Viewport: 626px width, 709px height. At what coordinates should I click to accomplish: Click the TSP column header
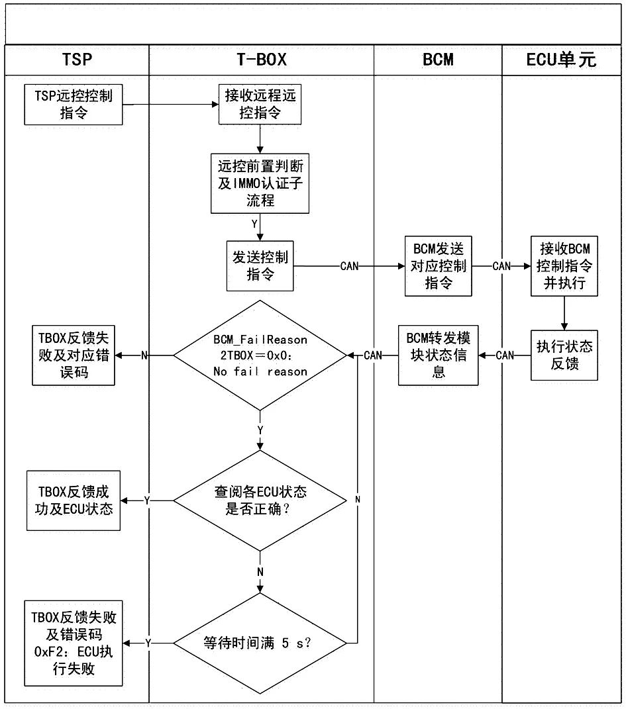click(x=76, y=60)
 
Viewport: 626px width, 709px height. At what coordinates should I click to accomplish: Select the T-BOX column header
click(x=261, y=60)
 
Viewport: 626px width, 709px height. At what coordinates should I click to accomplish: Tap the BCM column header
click(x=438, y=60)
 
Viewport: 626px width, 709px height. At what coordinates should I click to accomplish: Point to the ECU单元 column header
click(x=561, y=60)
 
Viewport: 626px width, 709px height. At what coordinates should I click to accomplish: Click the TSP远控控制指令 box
click(x=74, y=105)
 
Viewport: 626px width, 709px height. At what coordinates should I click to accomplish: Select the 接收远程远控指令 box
click(x=260, y=105)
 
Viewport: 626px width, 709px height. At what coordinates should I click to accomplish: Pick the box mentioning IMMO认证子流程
click(x=260, y=183)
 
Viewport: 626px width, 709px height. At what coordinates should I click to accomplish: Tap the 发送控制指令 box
click(x=260, y=265)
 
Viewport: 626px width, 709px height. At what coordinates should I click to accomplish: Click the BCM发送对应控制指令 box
click(x=438, y=266)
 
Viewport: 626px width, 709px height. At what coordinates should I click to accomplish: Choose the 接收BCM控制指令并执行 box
click(x=564, y=266)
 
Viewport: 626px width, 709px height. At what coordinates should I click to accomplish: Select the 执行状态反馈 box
click(x=564, y=355)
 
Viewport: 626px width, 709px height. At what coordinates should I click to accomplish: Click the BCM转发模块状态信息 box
click(x=438, y=355)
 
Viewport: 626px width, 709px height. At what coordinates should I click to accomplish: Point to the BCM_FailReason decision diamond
click(x=260, y=355)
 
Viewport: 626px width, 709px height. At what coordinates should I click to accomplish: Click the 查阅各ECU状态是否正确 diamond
click(x=260, y=500)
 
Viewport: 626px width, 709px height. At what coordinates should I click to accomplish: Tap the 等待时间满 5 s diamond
click(x=260, y=642)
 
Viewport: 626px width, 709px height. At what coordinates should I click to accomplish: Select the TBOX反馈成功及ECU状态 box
click(x=74, y=500)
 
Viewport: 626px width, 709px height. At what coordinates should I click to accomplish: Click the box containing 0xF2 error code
click(x=74, y=643)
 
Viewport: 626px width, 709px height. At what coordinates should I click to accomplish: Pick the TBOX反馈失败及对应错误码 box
click(x=74, y=355)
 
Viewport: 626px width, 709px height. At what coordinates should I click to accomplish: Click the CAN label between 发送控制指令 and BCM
click(x=350, y=266)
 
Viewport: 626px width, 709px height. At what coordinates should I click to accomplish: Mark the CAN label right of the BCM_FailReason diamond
click(x=373, y=355)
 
